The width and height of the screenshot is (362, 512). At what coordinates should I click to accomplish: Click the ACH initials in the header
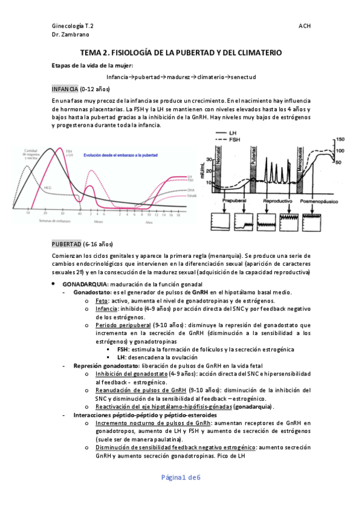click(305, 27)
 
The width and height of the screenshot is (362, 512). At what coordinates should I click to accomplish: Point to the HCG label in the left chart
click(48, 188)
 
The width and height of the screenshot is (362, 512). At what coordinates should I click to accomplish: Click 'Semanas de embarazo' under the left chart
click(40, 220)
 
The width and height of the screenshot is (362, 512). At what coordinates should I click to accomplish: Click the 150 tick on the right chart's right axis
click(340, 138)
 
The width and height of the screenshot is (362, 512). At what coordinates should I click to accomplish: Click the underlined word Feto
click(102, 300)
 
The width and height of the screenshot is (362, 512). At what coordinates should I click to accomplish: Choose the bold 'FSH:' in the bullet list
click(123, 349)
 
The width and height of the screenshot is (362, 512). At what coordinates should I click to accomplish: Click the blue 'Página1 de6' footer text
click(181, 477)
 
